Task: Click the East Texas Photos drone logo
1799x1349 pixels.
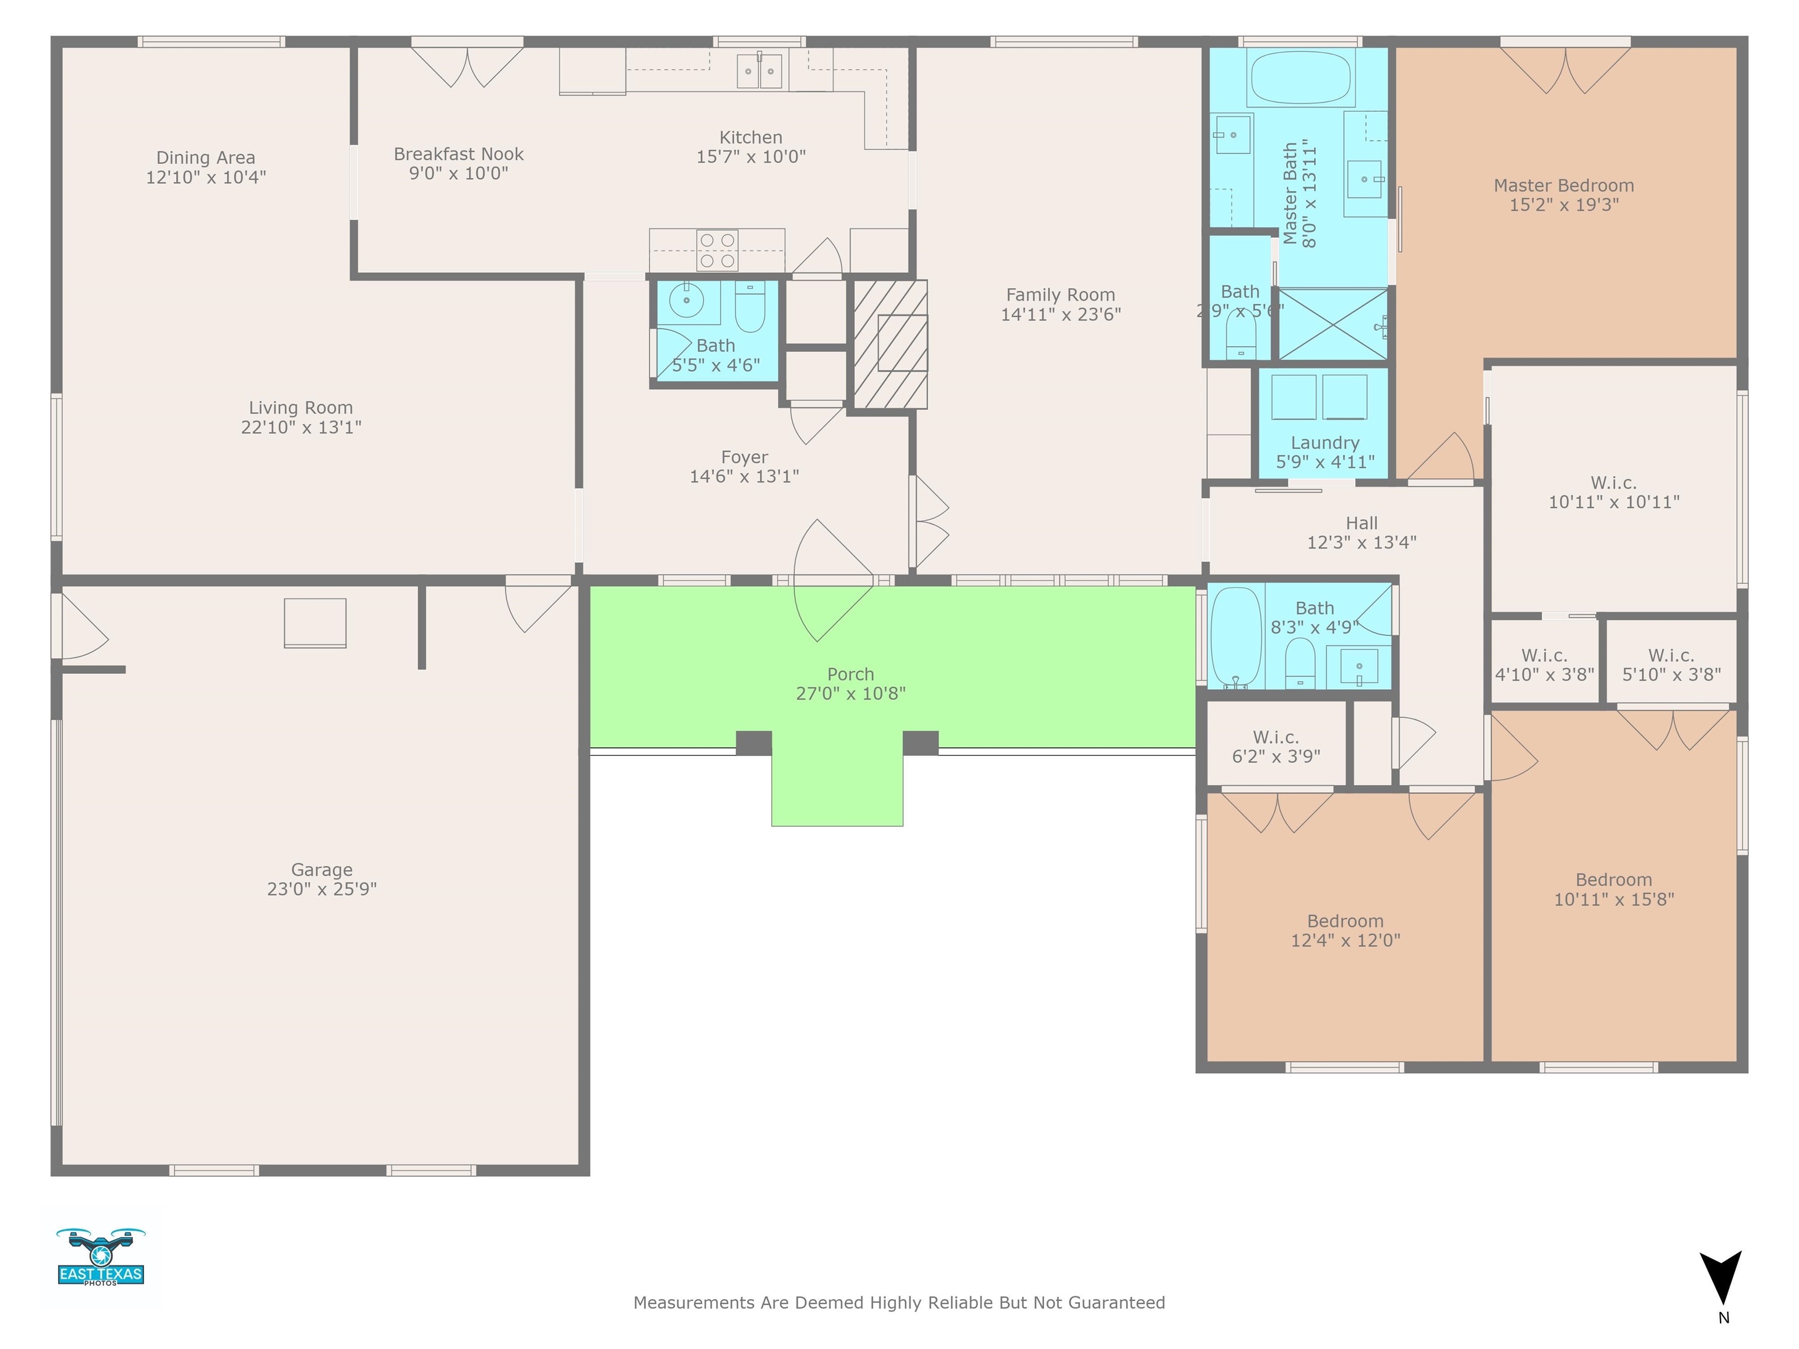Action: tap(101, 1256)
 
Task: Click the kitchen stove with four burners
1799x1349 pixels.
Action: tap(717, 249)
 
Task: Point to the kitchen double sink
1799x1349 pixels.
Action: tap(760, 71)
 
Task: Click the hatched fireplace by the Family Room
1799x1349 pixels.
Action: tap(890, 344)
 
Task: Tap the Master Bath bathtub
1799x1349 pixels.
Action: tap(1301, 78)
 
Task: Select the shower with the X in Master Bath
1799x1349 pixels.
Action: tap(1332, 324)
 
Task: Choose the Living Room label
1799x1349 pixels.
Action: tap(301, 408)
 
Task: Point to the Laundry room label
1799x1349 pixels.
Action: tap(1325, 443)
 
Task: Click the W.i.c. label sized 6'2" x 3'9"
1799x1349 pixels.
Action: tap(1276, 747)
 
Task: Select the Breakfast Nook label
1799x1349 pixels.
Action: tap(459, 153)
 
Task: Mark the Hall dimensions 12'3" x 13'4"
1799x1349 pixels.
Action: tap(1362, 542)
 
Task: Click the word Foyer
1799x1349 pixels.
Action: tap(744, 457)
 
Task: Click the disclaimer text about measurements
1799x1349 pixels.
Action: tap(899, 1303)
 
